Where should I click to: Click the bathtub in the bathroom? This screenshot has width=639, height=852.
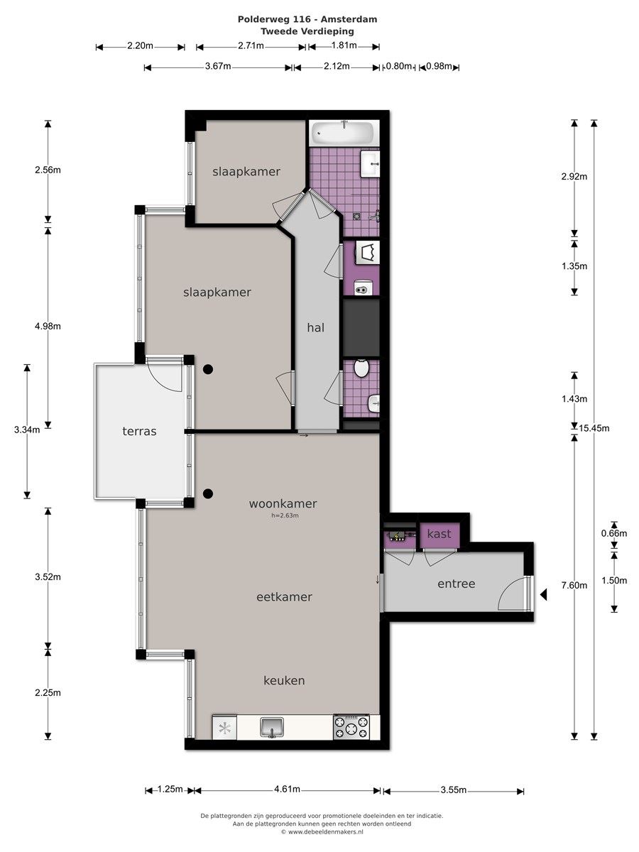coord(343,133)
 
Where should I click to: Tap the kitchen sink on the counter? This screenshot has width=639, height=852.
coord(272,726)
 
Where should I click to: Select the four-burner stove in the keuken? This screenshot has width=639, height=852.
coord(351,726)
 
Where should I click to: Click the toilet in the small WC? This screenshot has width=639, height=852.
coord(361,368)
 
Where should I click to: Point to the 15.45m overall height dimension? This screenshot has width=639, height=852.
coord(594,429)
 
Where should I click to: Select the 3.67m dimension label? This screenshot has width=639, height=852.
coord(218,66)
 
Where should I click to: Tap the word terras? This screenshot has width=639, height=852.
coord(139,431)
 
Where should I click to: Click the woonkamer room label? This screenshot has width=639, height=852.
coord(283,504)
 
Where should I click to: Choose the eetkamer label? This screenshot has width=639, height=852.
coord(284,597)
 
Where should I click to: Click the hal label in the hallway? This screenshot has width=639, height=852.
coord(315,328)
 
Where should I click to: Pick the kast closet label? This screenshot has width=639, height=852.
coord(439,534)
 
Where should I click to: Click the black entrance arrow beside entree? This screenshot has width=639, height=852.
coord(544,594)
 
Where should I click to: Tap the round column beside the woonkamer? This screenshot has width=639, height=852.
coord(208,493)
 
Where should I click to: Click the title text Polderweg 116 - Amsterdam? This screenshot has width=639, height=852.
coord(307,19)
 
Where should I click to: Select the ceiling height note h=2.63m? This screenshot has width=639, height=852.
coord(285,516)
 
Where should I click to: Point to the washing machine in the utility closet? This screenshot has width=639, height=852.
coord(366,253)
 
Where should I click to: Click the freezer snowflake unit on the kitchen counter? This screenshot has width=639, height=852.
coord(224,728)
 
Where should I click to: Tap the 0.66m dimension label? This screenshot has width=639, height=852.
coord(613,533)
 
